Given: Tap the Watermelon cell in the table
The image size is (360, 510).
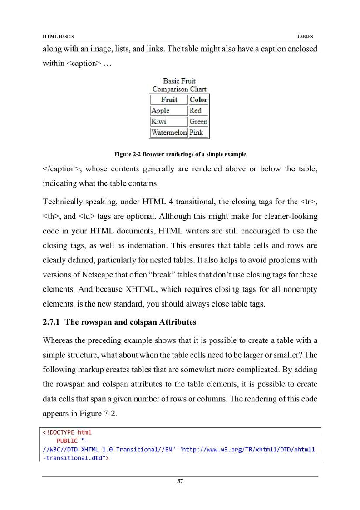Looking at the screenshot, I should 168,132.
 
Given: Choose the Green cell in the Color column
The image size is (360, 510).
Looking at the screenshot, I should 199,121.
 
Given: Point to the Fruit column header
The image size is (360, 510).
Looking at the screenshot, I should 168,99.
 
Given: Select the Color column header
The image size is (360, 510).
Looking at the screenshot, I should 199,99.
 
